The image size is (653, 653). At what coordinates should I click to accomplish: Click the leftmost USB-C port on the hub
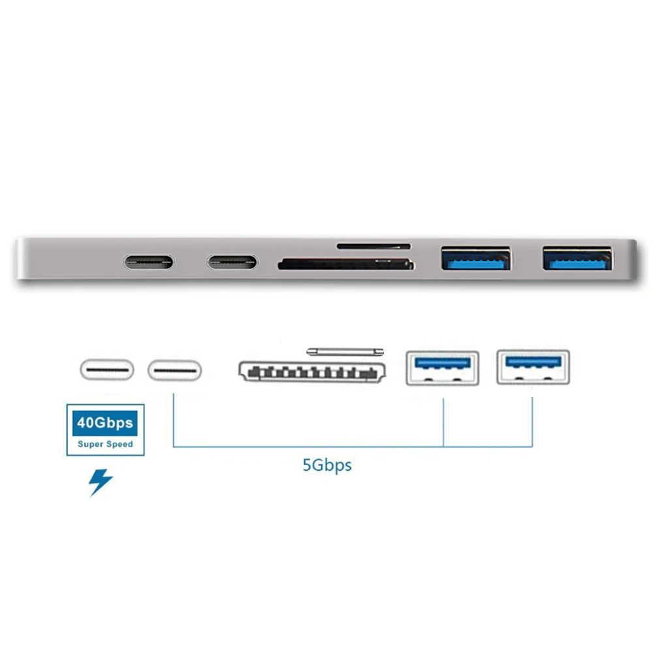point(149,263)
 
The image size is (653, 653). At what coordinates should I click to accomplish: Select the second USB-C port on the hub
point(232,263)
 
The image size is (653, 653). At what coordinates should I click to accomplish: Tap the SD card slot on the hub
point(346,264)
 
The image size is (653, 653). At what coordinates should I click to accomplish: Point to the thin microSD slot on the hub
point(374,246)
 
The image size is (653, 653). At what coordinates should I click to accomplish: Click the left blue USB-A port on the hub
point(475,259)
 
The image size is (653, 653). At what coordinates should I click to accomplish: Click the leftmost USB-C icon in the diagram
point(106,370)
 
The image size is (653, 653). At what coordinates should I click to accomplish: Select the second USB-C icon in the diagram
point(174,370)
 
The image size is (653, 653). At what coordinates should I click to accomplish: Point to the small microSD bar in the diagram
point(345,351)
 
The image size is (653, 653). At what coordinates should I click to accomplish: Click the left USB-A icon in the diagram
point(442,368)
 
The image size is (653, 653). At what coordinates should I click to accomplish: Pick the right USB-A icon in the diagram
point(532,366)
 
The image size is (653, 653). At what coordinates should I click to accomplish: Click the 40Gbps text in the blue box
point(105,422)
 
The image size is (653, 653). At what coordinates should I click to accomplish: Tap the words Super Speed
point(105,444)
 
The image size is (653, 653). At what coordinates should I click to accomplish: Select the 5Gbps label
point(326,466)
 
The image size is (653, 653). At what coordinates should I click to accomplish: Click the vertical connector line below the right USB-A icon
point(532,421)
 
